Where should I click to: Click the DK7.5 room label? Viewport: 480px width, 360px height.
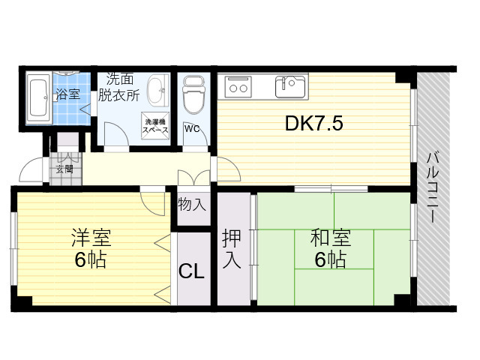coord(313,123)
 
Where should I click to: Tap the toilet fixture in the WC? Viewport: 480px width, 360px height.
coord(193,94)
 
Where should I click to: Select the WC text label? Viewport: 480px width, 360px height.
coord(192,129)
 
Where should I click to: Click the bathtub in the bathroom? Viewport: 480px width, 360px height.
coord(38,98)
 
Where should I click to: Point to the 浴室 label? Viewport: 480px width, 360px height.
coord(68,94)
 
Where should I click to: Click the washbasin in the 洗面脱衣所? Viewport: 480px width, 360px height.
coord(158,91)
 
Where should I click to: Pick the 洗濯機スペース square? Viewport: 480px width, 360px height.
coord(155,126)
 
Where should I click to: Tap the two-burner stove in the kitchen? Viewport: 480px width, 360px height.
coord(238,87)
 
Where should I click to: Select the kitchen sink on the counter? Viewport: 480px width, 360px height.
coord(290,86)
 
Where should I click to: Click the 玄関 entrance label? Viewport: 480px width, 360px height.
coord(64,169)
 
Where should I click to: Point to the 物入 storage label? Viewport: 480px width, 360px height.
coord(192,204)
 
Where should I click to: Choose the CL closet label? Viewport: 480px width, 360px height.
coord(191,271)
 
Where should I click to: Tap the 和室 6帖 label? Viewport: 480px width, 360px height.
coord(331,248)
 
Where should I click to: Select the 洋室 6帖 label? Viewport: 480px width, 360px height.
coord(91,248)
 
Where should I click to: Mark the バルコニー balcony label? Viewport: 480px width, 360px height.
coord(433,187)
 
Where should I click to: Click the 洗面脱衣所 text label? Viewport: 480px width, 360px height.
coord(119,88)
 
